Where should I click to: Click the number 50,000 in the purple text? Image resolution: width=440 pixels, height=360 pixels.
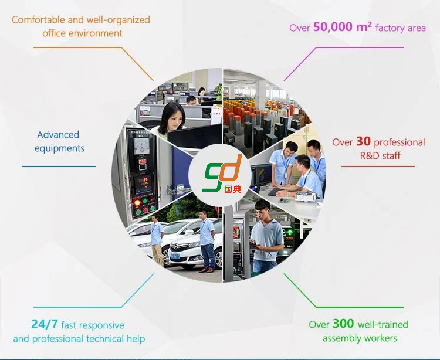tap(333, 27)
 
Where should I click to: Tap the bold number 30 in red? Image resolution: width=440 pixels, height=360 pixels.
tap(363, 141)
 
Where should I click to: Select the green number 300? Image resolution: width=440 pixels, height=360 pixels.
tap(343, 324)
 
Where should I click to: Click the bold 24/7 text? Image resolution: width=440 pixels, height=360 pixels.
tap(45, 324)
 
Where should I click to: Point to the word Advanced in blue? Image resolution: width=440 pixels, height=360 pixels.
tap(58, 135)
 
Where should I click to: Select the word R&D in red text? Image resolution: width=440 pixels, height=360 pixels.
tap(368, 155)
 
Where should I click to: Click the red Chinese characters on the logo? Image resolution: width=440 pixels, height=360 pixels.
tap(233, 189)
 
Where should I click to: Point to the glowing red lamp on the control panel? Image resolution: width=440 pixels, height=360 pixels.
tap(137, 202)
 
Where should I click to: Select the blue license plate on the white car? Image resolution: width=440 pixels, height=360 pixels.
tap(175, 256)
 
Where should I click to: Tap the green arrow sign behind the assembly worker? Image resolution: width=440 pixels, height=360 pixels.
tap(289, 232)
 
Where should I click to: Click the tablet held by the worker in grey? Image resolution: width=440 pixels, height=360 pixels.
tap(253, 244)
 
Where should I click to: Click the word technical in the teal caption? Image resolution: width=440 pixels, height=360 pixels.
tap(104, 339)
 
